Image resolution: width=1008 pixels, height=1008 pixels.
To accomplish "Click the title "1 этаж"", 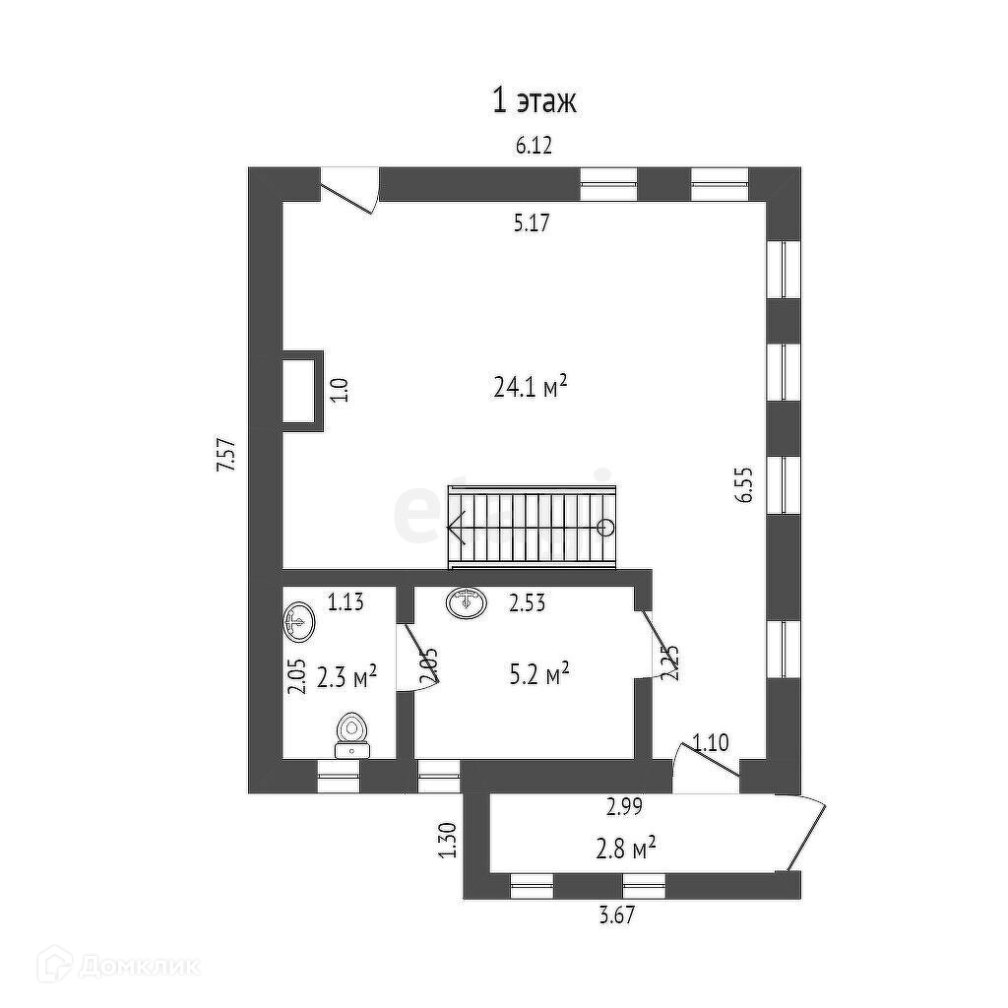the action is [x=534, y=100].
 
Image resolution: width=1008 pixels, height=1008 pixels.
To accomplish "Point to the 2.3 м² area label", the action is [x=349, y=676].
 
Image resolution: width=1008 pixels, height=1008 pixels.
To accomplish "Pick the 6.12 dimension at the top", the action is [x=535, y=146].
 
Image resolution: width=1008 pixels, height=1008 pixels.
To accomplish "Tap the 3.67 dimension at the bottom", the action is [x=616, y=915].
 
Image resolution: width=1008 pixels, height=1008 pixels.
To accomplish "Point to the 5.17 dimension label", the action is [x=531, y=223].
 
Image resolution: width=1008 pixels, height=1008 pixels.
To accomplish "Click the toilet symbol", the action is [x=351, y=733].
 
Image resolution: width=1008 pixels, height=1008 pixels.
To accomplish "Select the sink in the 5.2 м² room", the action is [x=467, y=601].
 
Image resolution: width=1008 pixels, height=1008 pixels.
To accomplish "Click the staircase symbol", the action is [x=533, y=528].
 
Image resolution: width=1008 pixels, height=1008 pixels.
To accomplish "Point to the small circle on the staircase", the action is [x=606, y=527].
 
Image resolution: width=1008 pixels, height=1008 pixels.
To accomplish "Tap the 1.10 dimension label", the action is [x=711, y=743].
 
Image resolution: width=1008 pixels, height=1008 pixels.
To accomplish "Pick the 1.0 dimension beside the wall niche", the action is [x=337, y=390].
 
